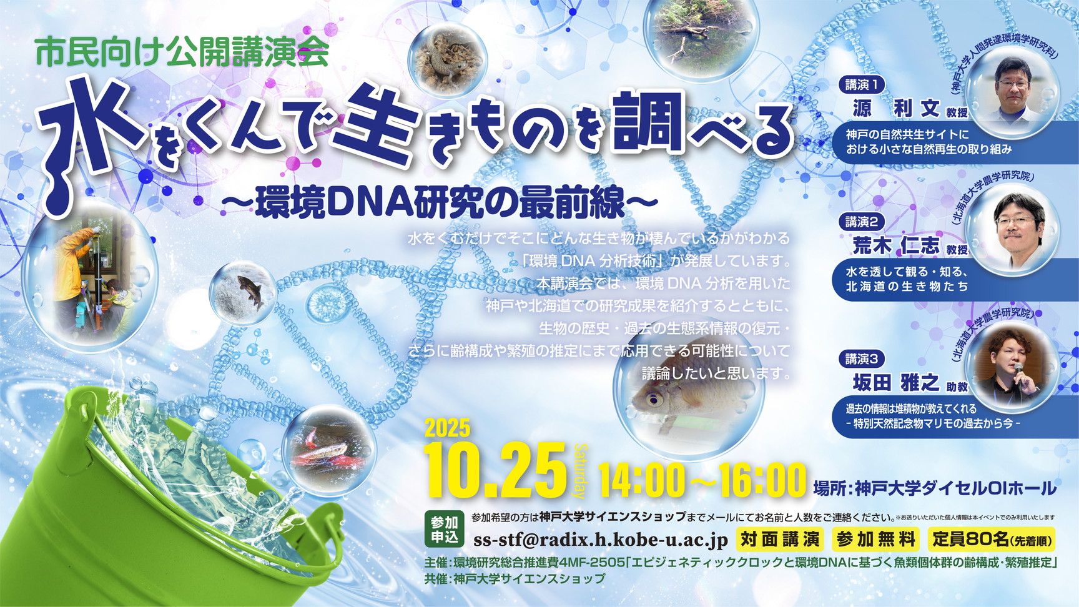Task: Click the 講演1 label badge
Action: click(x=862, y=84)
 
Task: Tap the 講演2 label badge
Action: click(x=862, y=222)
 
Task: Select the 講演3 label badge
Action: click(x=862, y=358)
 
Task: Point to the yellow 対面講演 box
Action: click(x=781, y=539)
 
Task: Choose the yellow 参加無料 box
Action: click(x=876, y=539)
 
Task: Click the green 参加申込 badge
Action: click(x=444, y=530)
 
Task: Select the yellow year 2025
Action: click(x=448, y=428)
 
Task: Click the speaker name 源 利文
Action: click(x=896, y=109)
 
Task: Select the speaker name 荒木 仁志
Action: click(x=896, y=245)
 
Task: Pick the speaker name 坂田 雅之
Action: click(x=896, y=382)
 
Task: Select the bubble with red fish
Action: click(x=328, y=450)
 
